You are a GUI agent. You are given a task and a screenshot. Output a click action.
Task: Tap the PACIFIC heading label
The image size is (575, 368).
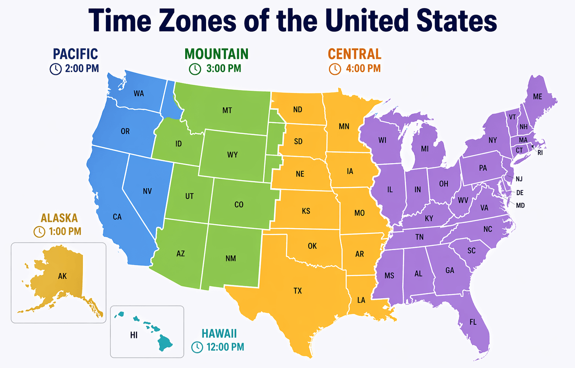(75, 54)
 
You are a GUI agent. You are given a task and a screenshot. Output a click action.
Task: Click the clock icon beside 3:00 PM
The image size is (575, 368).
(195, 69)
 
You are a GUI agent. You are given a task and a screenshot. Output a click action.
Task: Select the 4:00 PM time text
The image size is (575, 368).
(363, 69)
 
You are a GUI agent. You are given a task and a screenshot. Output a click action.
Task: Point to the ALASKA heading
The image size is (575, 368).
(59, 218)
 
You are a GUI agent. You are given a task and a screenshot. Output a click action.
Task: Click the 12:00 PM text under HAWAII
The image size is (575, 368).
(225, 347)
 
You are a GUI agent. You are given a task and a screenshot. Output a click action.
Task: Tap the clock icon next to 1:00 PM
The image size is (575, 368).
(39, 232)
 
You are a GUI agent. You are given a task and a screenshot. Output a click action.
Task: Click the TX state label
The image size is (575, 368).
(297, 291)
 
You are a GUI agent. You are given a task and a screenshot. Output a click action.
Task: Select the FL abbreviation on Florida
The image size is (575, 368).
(473, 322)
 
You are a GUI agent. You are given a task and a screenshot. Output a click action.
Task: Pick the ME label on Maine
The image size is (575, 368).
(538, 96)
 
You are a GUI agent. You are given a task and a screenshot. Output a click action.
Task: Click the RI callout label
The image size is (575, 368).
(540, 153)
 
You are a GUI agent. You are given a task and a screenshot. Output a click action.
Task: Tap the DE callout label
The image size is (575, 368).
(520, 193)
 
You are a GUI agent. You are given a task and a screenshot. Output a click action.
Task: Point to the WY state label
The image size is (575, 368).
(232, 154)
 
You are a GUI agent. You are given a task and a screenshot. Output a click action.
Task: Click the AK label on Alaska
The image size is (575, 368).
(62, 276)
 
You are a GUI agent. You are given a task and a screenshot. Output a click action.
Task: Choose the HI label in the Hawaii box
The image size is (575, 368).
(134, 335)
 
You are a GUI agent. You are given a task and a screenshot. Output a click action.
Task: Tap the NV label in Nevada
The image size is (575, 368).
(147, 191)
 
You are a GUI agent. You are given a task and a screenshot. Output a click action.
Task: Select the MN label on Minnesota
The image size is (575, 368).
(344, 127)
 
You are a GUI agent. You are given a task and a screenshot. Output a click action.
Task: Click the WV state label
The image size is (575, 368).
(463, 201)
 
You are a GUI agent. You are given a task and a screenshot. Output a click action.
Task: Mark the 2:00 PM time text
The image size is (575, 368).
(82, 69)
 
